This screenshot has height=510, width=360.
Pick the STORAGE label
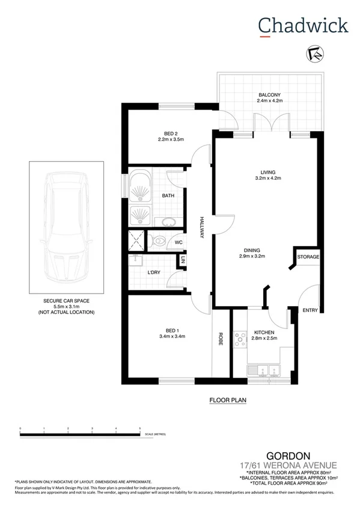(x=308, y=257)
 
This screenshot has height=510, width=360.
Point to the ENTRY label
(x=310, y=310)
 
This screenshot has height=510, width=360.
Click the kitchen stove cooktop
(x=240, y=340)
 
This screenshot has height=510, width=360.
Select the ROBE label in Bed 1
(x=221, y=338)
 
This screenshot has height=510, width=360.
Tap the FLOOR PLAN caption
(x=228, y=399)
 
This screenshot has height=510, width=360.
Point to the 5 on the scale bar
(x=139, y=428)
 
